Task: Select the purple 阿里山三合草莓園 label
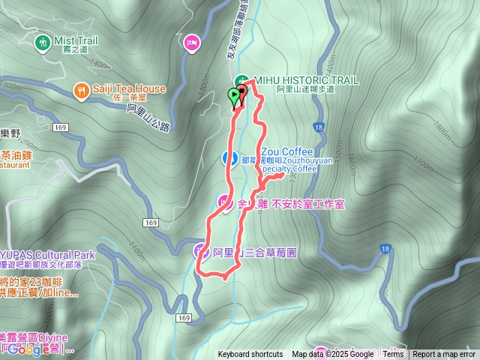(x=255, y=253)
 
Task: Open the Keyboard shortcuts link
(x=250, y=355)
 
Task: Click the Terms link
(x=393, y=355)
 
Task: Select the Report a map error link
(x=444, y=355)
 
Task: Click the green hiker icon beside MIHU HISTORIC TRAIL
(x=241, y=80)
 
